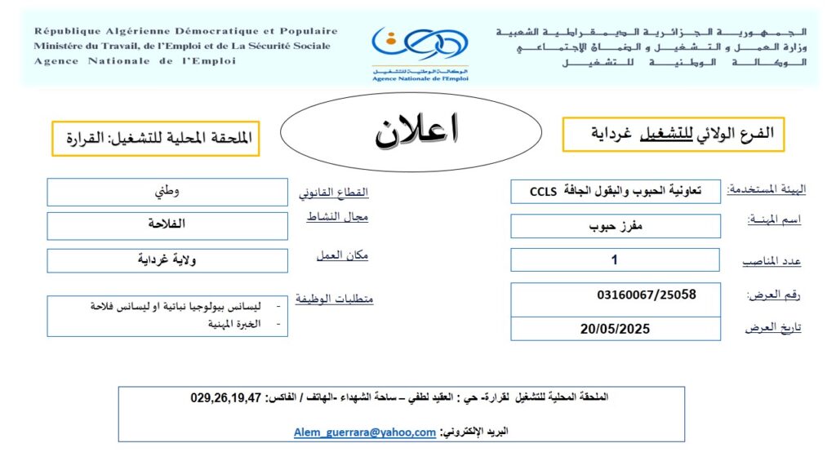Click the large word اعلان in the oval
(x=416, y=131)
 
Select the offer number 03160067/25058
(x=647, y=295)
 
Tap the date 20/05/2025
(x=613, y=329)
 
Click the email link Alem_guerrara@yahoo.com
(x=365, y=433)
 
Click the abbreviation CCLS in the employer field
(x=543, y=193)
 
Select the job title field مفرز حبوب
(x=616, y=227)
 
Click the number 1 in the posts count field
(x=615, y=260)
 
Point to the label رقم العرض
(x=774, y=295)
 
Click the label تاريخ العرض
(x=773, y=328)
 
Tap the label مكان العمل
(x=342, y=255)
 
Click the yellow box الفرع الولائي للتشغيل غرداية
(x=673, y=133)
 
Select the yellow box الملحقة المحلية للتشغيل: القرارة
(x=155, y=139)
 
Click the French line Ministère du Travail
(x=182, y=47)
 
